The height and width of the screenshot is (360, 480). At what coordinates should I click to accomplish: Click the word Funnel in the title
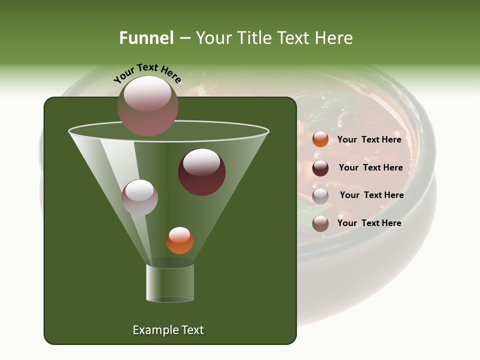pyautogui.click(x=146, y=38)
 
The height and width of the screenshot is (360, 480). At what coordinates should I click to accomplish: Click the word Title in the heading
pyautogui.click(x=254, y=38)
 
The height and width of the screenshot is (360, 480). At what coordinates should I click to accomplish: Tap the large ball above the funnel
pyautogui.click(x=148, y=106)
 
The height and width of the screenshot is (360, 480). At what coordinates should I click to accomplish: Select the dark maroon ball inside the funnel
pyautogui.click(x=202, y=172)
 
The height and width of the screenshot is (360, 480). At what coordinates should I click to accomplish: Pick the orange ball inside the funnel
pyautogui.click(x=179, y=240)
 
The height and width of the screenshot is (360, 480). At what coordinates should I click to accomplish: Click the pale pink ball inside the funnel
pyautogui.click(x=139, y=197)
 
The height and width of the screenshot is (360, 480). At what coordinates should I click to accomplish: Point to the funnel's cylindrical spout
pyautogui.click(x=170, y=283)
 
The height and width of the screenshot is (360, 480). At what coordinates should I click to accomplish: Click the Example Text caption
pyautogui.click(x=168, y=330)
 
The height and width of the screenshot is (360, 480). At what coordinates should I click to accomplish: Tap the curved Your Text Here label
pyautogui.click(x=147, y=73)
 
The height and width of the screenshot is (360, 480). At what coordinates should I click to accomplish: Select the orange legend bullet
pyautogui.click(x=320, y=139)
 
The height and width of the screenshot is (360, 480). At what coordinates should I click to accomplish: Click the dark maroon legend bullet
pyautogui.click(x=320, y=168)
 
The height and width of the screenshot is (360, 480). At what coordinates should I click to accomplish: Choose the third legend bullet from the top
pyautogui.click(x=320, y=196)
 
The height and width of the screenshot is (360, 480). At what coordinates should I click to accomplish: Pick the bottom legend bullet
pyautogui.click(x=320, y=223)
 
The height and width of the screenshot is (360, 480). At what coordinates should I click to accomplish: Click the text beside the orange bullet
pyautogui.click(x=369, y=139)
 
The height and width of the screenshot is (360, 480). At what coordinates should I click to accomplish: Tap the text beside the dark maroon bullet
pyautogui.click(x=371, y=167)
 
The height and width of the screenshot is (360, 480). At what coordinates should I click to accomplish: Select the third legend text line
pyautogui.click(x=372, y=195)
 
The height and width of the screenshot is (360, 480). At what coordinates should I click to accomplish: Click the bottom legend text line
pyautogui.click(x=369, y=223)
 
